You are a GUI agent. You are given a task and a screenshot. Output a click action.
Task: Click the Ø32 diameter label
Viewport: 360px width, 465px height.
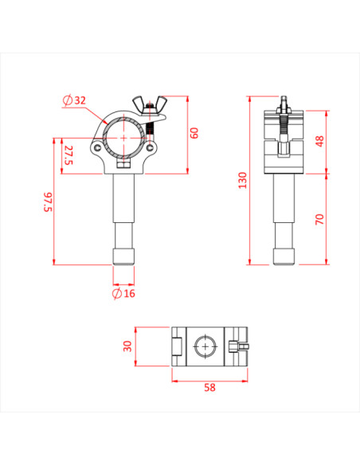tap(75, 100)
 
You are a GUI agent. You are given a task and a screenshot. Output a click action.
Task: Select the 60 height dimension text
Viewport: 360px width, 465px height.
tap(194, 133)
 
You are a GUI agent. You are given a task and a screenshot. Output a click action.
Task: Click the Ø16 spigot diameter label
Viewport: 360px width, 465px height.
tap(123, 294)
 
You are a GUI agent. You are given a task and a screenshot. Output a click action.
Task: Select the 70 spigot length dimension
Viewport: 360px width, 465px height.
tap(319, 218)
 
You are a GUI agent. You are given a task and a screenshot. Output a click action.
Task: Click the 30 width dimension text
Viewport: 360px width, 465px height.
tap(127, 346)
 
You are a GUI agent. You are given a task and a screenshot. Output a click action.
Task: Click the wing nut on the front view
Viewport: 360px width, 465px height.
tap(151, 103)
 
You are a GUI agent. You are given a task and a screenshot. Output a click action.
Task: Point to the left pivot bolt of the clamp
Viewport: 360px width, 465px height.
tap(97, 147)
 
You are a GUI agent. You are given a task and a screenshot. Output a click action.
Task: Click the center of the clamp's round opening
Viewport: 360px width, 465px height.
tap(123, 134)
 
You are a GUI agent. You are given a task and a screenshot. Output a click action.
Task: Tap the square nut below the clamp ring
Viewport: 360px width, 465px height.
tap(123, 165)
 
